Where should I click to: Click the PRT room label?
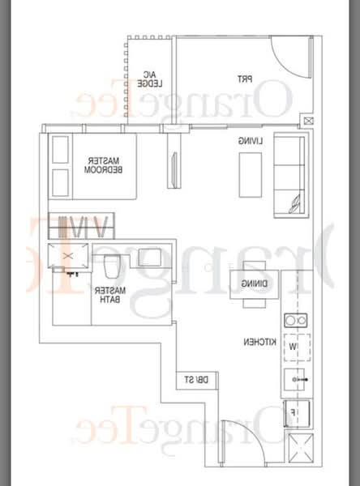click(x=244, y=79)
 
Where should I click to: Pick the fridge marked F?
click(x=294, y=412)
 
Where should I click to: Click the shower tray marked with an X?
click(x=67, y=254)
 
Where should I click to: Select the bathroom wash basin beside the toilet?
click(x=150, y=258)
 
